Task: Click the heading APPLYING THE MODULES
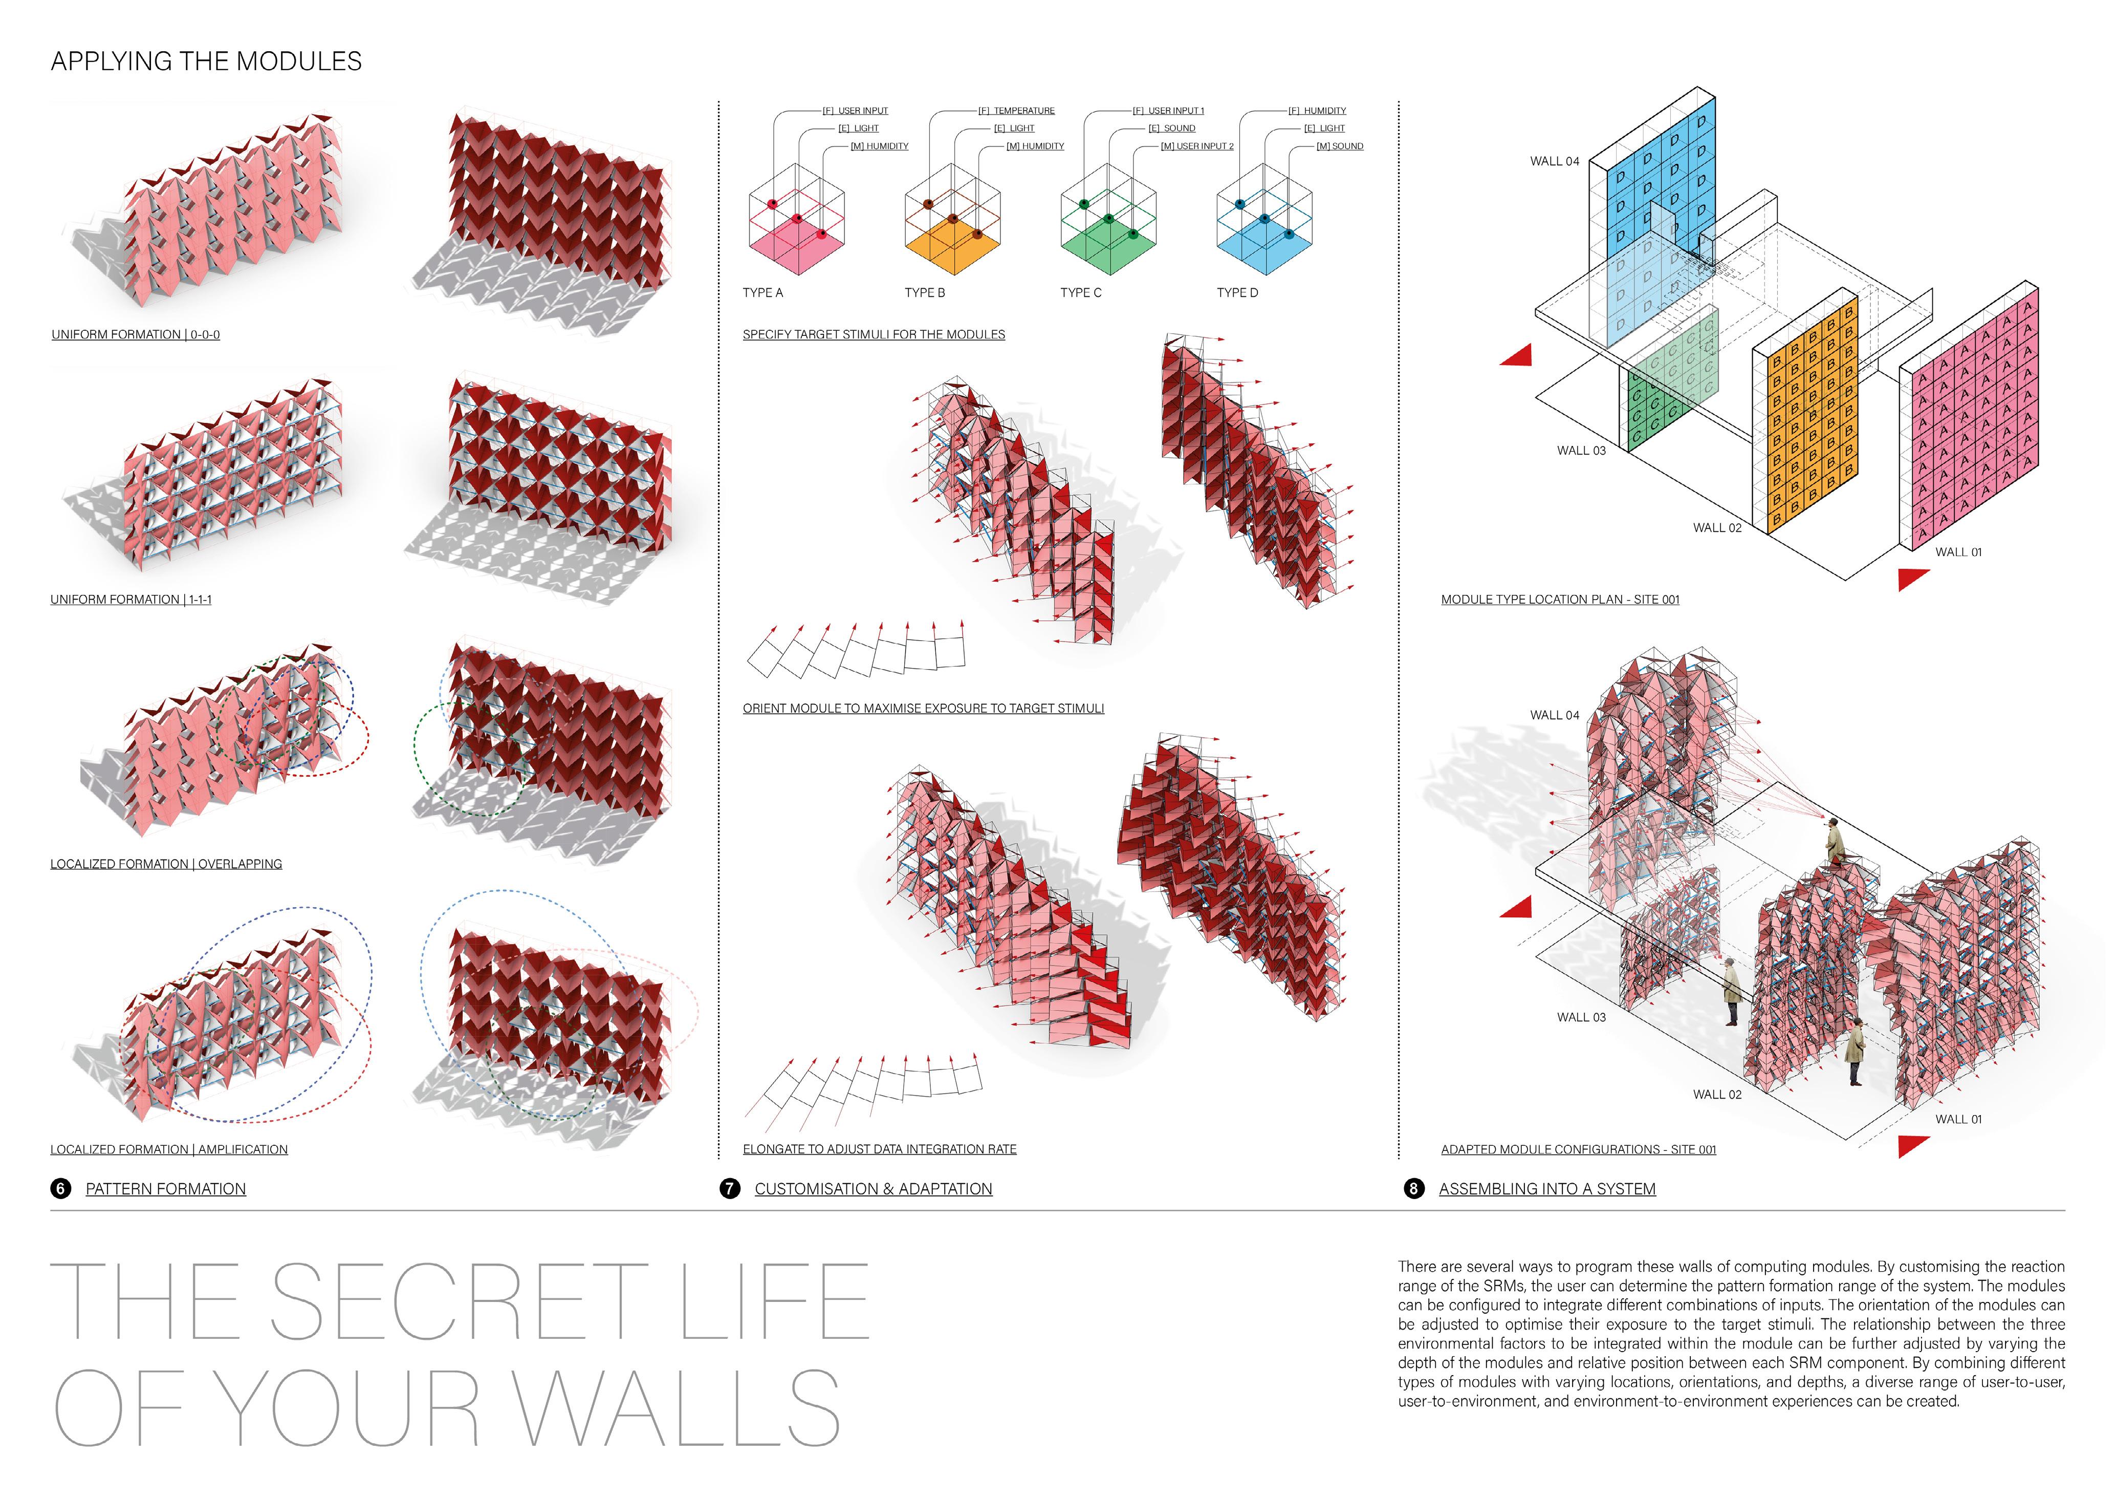coord(206,62)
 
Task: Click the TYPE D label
coord(1237,293)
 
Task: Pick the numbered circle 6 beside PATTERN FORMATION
coord(61,1189)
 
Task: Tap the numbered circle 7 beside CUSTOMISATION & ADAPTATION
coord(730,1189)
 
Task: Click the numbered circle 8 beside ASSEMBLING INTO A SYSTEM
coord(1414,1189)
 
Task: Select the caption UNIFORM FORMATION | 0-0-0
coord(136,335)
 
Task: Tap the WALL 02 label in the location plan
coord(1717,528)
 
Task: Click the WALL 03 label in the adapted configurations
coord(1581,1018)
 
